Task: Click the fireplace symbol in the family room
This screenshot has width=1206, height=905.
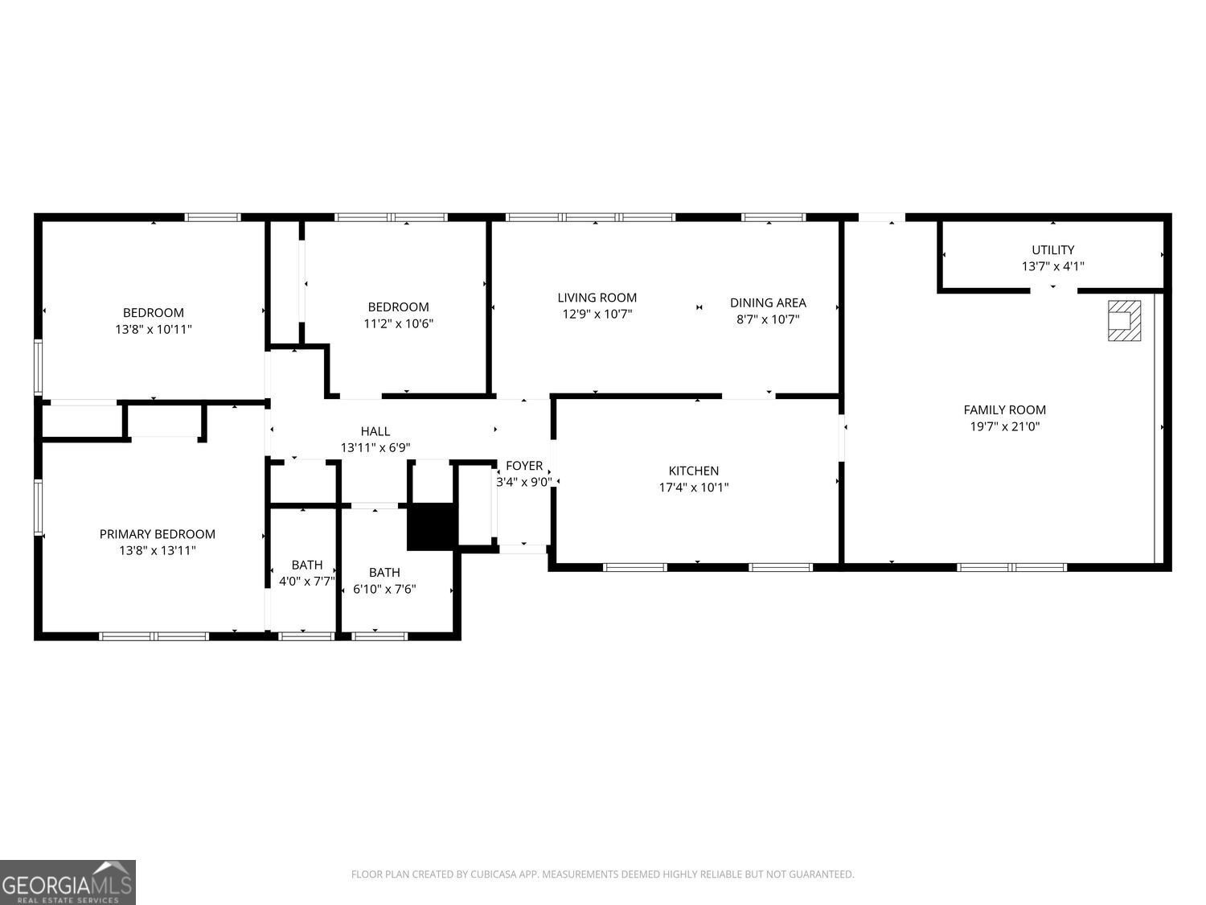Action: [x=1124, y=320]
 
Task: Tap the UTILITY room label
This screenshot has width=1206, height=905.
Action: [x=1052, y=249]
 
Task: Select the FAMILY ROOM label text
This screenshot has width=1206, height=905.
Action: [x=1004, y=409]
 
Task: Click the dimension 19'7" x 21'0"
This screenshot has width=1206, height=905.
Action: [x=1004, y=426]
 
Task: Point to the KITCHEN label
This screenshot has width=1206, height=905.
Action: [x=693, y=471]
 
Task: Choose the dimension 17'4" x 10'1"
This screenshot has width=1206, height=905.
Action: [x=693, y=487]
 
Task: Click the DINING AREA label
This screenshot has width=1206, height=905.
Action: [x=767, y=302]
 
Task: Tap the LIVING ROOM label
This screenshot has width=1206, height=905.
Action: [x=597, y=298]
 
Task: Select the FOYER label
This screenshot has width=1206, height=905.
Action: [x=523, y=466]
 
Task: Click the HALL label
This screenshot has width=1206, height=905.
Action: [x=375, y=431]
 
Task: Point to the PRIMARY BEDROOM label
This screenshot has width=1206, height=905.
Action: [x=157, y=534]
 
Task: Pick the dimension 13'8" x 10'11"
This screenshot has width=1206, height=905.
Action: [x=154, y=329]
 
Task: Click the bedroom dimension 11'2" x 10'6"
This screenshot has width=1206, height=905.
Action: [x=398, y=323]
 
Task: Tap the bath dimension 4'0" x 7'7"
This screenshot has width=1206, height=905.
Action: [x=306, y=581]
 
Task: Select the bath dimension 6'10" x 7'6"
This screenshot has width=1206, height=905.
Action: [x=384, y=589]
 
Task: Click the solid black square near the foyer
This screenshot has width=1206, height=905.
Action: [x=432, y=527]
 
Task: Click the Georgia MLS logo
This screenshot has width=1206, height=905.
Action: [x=68, y=882]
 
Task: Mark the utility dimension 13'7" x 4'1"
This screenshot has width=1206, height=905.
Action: [x=1052, y=266]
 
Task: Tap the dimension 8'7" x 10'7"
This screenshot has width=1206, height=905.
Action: [x=767, y=319]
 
